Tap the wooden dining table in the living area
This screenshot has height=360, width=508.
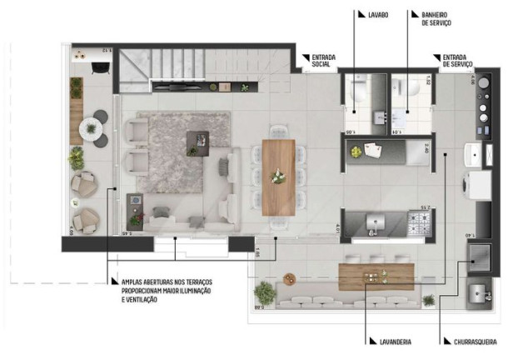278,177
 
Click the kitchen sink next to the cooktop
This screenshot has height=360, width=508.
375,222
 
